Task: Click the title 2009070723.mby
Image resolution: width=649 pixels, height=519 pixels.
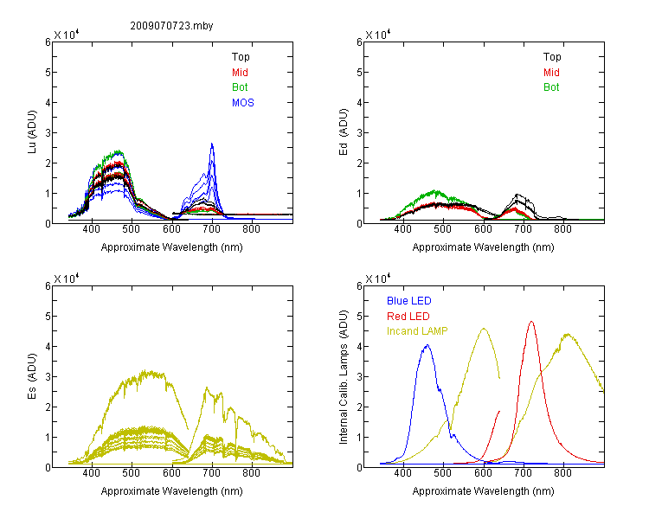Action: coord(171,26)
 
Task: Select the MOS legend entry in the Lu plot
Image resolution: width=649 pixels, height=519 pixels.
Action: coord(243,103)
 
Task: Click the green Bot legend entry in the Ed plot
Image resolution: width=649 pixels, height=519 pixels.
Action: coord(551,87)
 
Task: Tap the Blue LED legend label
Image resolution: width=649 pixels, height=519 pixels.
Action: coord(409,301)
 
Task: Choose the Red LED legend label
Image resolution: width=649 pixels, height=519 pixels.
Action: coord(408,317)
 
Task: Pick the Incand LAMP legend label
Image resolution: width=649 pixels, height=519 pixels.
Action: coord(417,331)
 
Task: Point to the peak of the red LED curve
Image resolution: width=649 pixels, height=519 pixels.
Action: coord(531,321)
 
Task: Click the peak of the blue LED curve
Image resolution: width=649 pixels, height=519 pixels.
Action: coord(427,345)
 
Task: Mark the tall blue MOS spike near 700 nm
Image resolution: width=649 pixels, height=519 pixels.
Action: coord(212,144)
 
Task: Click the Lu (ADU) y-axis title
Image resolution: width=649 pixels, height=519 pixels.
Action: coord(32,131)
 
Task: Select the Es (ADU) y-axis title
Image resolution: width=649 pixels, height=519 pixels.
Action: coord(32,375)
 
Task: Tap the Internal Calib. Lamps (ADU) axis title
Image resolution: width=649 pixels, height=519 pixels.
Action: coord(344,377)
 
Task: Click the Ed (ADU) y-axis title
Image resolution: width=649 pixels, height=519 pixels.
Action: coord(344,131)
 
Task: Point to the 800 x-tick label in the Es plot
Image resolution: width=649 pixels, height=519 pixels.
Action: coord(251,473)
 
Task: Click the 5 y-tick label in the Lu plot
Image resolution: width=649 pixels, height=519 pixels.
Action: coord(48,73)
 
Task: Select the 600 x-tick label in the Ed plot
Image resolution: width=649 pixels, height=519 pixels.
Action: coord(483,229)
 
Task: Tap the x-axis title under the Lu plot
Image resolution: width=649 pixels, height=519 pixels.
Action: coord(172,247)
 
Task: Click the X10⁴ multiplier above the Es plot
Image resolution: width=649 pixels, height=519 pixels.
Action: coord(67,279)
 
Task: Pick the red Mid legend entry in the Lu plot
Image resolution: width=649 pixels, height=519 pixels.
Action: coord(240,73)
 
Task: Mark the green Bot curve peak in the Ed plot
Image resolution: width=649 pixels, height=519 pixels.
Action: coord(435,191)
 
